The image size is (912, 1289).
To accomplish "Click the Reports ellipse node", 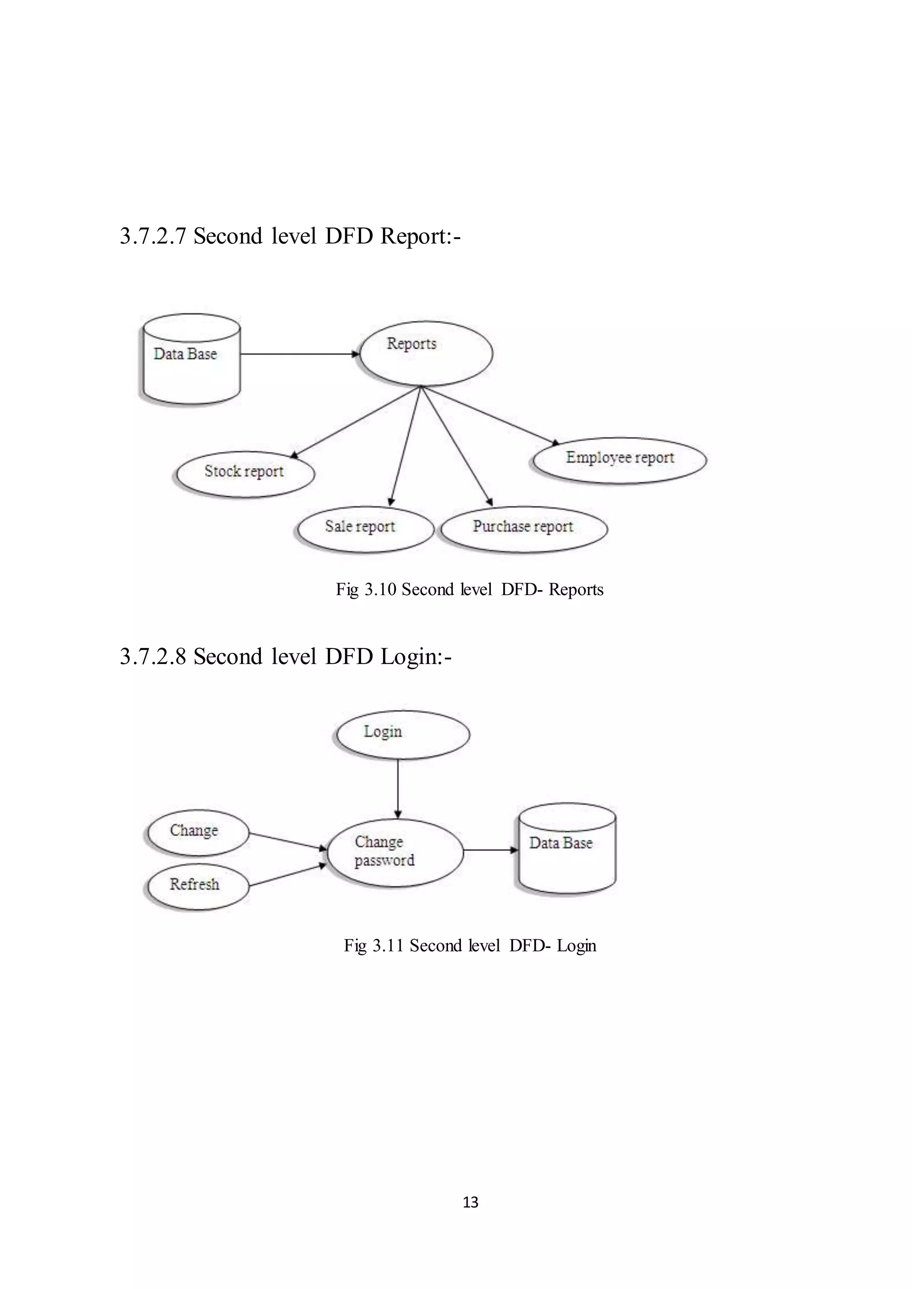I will (x=426, y=354).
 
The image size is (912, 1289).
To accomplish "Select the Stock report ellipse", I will (x=245, y=474).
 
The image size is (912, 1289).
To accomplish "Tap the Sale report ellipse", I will (x=365, y=529).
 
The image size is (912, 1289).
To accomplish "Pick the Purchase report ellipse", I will (x=524, y=529).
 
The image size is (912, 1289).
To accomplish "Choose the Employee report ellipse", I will (x=619, y=460).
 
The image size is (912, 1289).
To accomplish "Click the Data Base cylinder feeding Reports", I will (x=190, y=359).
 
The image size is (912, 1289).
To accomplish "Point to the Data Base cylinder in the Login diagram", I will (x=566, y=849).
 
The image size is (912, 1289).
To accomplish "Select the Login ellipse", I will (x=402, y=734).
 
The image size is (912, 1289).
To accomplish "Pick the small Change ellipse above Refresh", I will (x=196, y=832).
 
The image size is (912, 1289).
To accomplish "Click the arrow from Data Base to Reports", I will (x=299, y=354).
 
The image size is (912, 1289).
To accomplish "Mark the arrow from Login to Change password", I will (x=398, y=788).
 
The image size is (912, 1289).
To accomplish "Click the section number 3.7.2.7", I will (x=153, y=236).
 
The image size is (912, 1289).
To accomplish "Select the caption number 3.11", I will (x=387, y=946).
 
